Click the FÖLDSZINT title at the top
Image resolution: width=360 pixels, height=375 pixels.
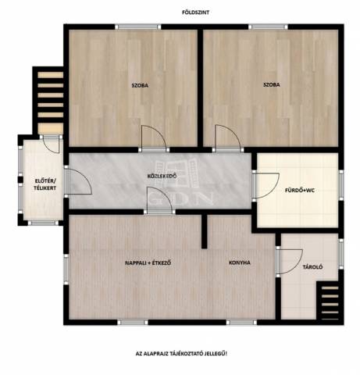click(x=195, y=12)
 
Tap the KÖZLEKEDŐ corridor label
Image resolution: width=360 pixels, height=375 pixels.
click(x=162, y=176)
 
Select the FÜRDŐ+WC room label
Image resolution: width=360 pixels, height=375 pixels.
click(x=300, y=190)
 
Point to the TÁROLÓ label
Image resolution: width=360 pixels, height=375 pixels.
click(x=312, y=267)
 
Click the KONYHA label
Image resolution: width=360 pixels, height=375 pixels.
click(x=240, y=262)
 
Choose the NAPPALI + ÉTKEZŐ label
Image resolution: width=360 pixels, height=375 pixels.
click(x=148, y=262)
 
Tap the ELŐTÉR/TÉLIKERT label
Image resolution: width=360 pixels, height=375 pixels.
click(x=45, y=184)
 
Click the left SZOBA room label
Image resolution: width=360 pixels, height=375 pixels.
click(x=140, y=85)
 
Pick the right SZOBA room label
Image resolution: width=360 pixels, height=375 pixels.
click(x=272, y=84)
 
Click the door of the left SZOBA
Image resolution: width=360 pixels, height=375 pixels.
click(x=154, y=138)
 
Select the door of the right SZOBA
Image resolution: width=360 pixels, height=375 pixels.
click(x=228, y=138)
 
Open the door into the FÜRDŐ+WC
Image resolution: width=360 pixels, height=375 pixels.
click(x=266, y=186)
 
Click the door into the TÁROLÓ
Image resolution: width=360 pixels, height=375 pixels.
click(x=289, y=262)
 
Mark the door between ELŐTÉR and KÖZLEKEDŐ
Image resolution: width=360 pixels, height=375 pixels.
click(x=78, y=181)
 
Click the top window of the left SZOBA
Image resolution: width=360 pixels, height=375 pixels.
click(x=138, y=27)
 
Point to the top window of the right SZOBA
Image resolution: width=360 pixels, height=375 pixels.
click(x=268, y=27)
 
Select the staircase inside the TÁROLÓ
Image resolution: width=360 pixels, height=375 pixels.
click(x=330, y=303)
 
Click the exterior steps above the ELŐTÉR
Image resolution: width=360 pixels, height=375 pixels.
click(x=48, y=101)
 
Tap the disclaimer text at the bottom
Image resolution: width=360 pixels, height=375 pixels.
click(x=181, y=354)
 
